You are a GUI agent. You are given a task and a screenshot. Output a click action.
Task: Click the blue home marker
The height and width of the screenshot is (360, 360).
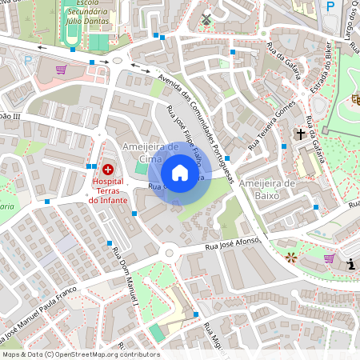point(180,173)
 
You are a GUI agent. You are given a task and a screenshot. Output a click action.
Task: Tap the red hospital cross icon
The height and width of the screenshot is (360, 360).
point(108,170)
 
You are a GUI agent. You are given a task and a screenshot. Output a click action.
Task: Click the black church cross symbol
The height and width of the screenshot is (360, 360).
point(302,134)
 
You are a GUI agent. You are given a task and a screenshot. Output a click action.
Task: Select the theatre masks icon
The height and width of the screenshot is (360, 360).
point(355,98)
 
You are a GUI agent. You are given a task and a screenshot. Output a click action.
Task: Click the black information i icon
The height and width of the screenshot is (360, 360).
point(350,264)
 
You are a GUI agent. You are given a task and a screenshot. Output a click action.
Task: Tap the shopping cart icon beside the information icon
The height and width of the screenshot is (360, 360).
point(330,258)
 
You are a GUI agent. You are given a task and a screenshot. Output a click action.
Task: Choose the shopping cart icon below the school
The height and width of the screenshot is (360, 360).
point(61,69)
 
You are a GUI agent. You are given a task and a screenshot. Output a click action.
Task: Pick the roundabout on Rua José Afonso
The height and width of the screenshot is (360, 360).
point(170,254)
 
